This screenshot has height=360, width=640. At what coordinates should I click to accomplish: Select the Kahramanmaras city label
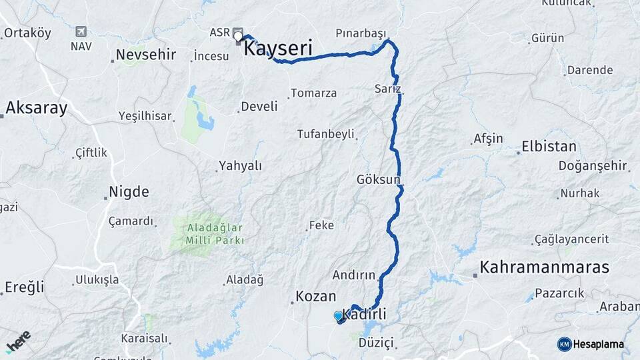(544, 267)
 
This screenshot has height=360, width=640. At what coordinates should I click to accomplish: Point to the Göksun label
(378, 179)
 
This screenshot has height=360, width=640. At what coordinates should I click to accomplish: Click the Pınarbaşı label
(361, 33)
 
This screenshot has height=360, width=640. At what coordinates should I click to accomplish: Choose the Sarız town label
(387, 88)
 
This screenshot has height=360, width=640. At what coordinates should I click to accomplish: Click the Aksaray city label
(37, 108)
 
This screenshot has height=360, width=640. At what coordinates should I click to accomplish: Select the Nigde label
(129, 192)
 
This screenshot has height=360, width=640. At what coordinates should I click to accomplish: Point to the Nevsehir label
(145, 54)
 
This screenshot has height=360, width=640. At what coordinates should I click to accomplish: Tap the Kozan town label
(315, 296)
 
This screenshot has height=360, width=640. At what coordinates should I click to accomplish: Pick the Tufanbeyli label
(325, 134)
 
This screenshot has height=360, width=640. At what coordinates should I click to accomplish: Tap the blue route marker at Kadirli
(339, 316)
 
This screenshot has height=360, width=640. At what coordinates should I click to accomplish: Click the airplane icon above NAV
(81, 31)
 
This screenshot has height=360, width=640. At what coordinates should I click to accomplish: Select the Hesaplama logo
(591, 344)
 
